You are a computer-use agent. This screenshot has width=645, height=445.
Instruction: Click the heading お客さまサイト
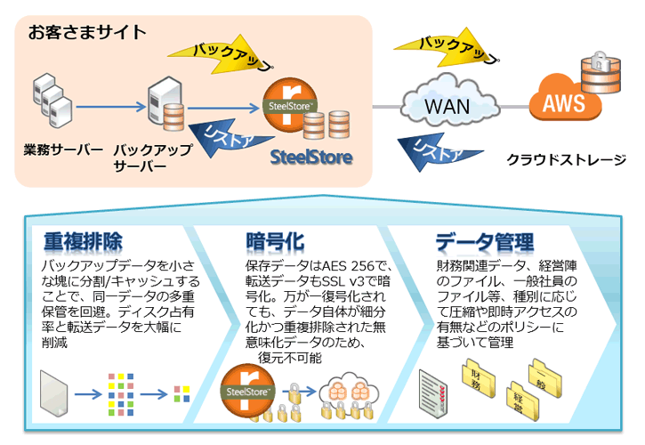pos(87,34)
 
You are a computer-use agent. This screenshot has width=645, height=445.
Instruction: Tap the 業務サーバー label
pos(63,149)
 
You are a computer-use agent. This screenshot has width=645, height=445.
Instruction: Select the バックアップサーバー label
pos(153,157)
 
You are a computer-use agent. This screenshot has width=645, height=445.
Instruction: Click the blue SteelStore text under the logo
pos(311,158)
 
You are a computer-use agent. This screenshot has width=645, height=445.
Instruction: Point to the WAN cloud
pos(447,107)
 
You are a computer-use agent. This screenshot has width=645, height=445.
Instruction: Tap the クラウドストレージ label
pos(566,160)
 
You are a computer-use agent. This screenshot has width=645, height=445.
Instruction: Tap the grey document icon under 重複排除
pos(53,392)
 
